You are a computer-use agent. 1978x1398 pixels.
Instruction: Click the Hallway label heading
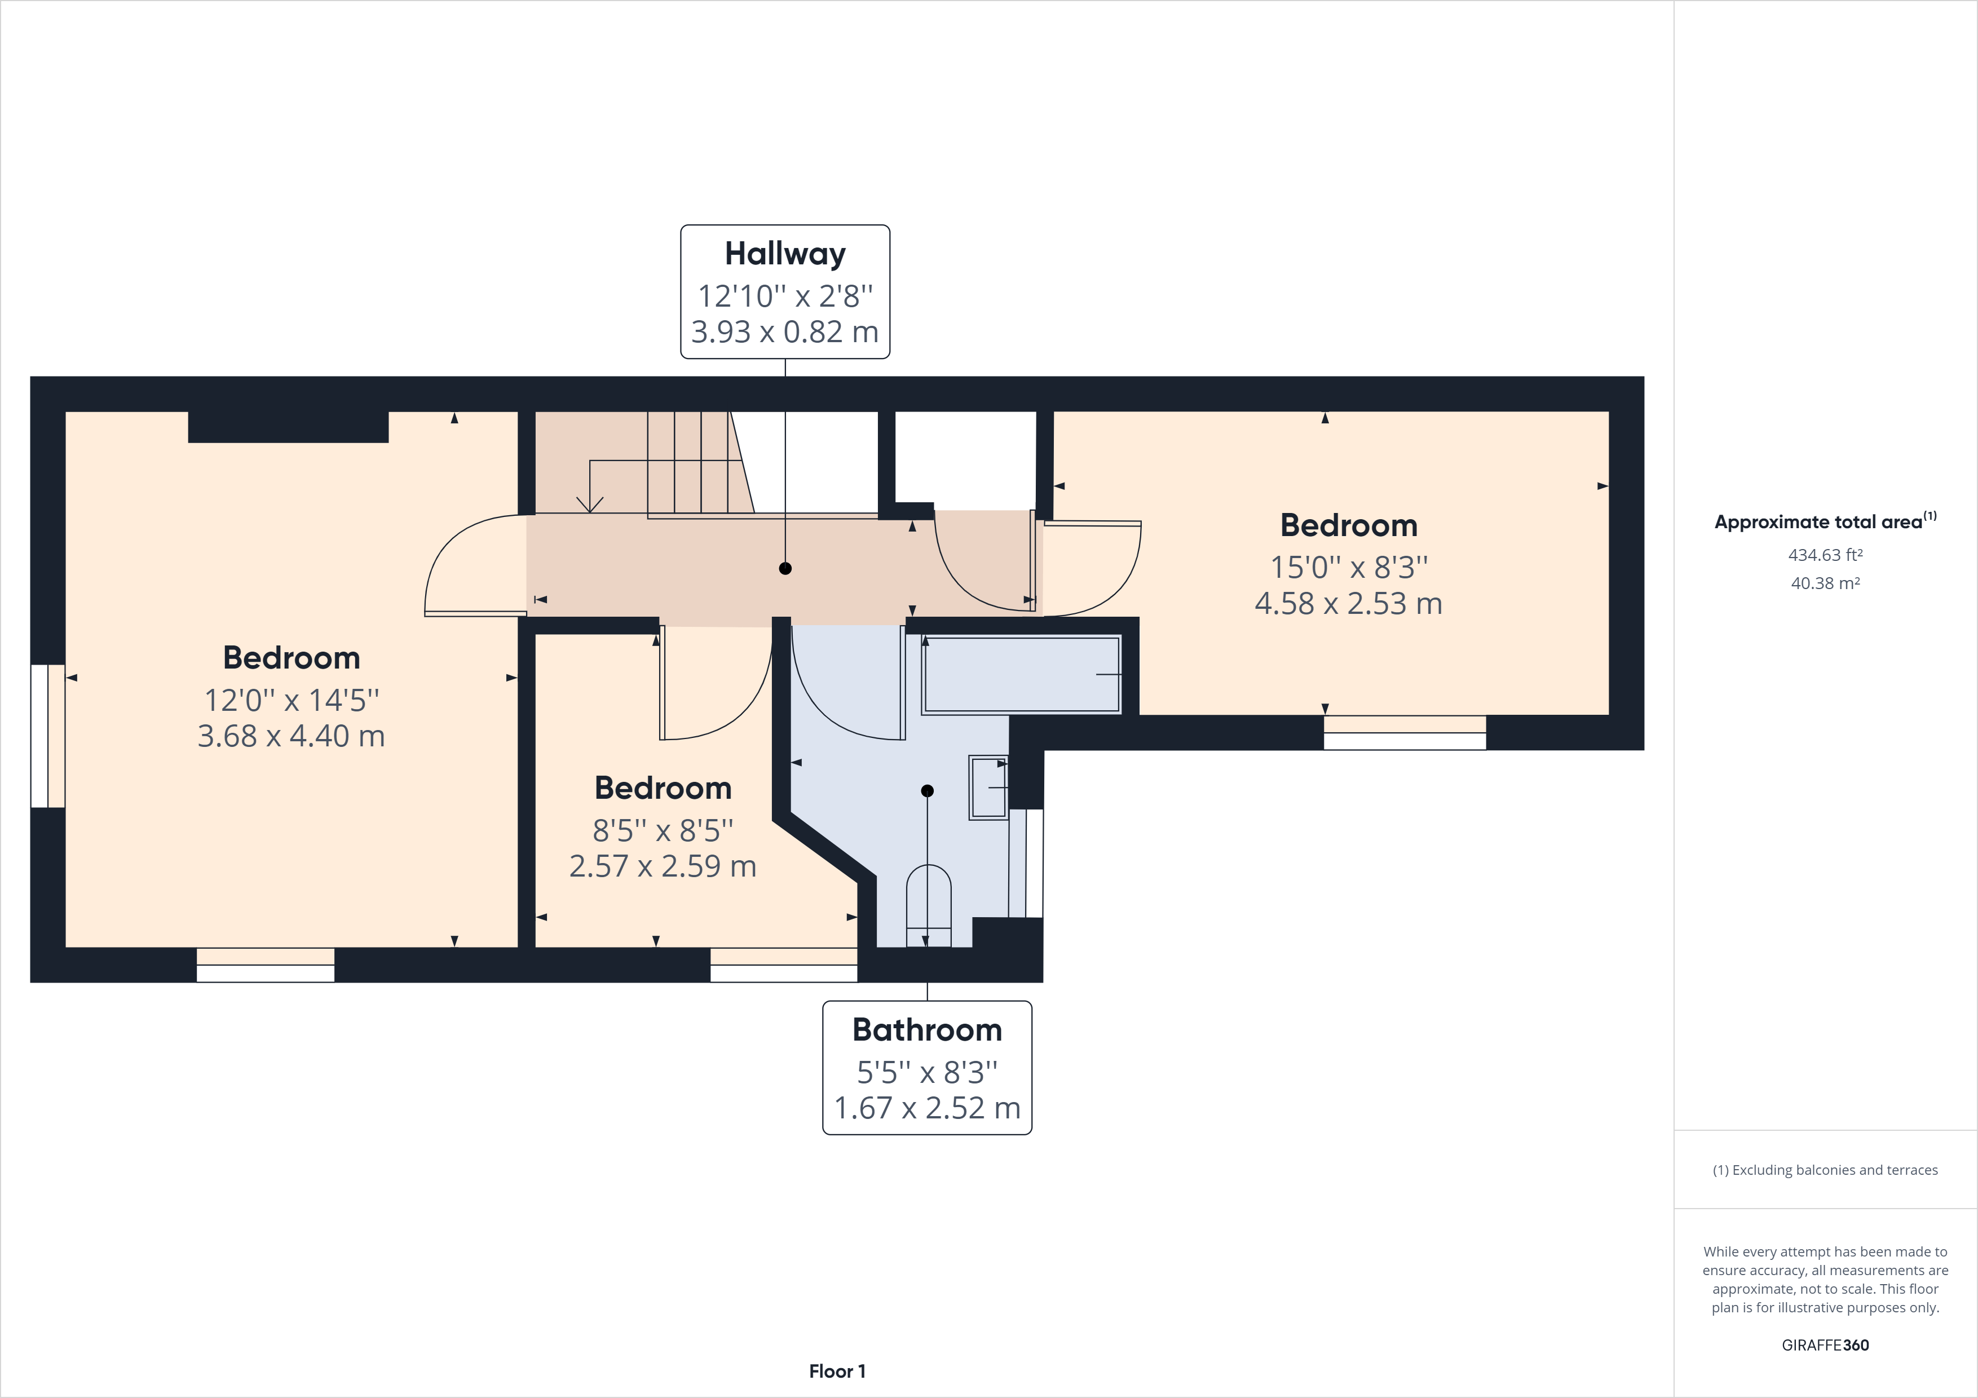(785, 254)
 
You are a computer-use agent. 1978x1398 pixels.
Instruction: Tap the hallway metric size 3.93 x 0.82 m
(785, 331)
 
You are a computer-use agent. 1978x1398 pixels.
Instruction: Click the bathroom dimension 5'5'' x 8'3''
(927, 1072)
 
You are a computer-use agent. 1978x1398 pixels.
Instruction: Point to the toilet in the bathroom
(929, 904)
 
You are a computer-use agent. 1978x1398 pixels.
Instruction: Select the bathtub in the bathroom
(1021, 674)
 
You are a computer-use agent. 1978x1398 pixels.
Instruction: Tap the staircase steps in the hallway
(689, 463)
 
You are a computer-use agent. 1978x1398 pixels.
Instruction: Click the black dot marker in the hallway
(785, 569)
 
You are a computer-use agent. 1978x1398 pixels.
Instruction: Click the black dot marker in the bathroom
(927, 791)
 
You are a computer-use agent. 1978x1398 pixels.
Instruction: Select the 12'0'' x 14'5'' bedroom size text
(291, 700)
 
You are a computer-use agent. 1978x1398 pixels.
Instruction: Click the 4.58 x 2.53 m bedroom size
(1348, 604)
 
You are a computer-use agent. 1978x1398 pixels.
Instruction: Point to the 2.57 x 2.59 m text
(663, 866)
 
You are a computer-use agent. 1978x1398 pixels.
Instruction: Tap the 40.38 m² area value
(1825, 583)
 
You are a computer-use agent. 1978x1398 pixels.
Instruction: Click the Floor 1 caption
(837, 1372)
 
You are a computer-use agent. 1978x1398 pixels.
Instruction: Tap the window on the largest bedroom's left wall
(47, 736)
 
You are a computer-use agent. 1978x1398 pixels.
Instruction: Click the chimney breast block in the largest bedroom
(288, 427)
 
